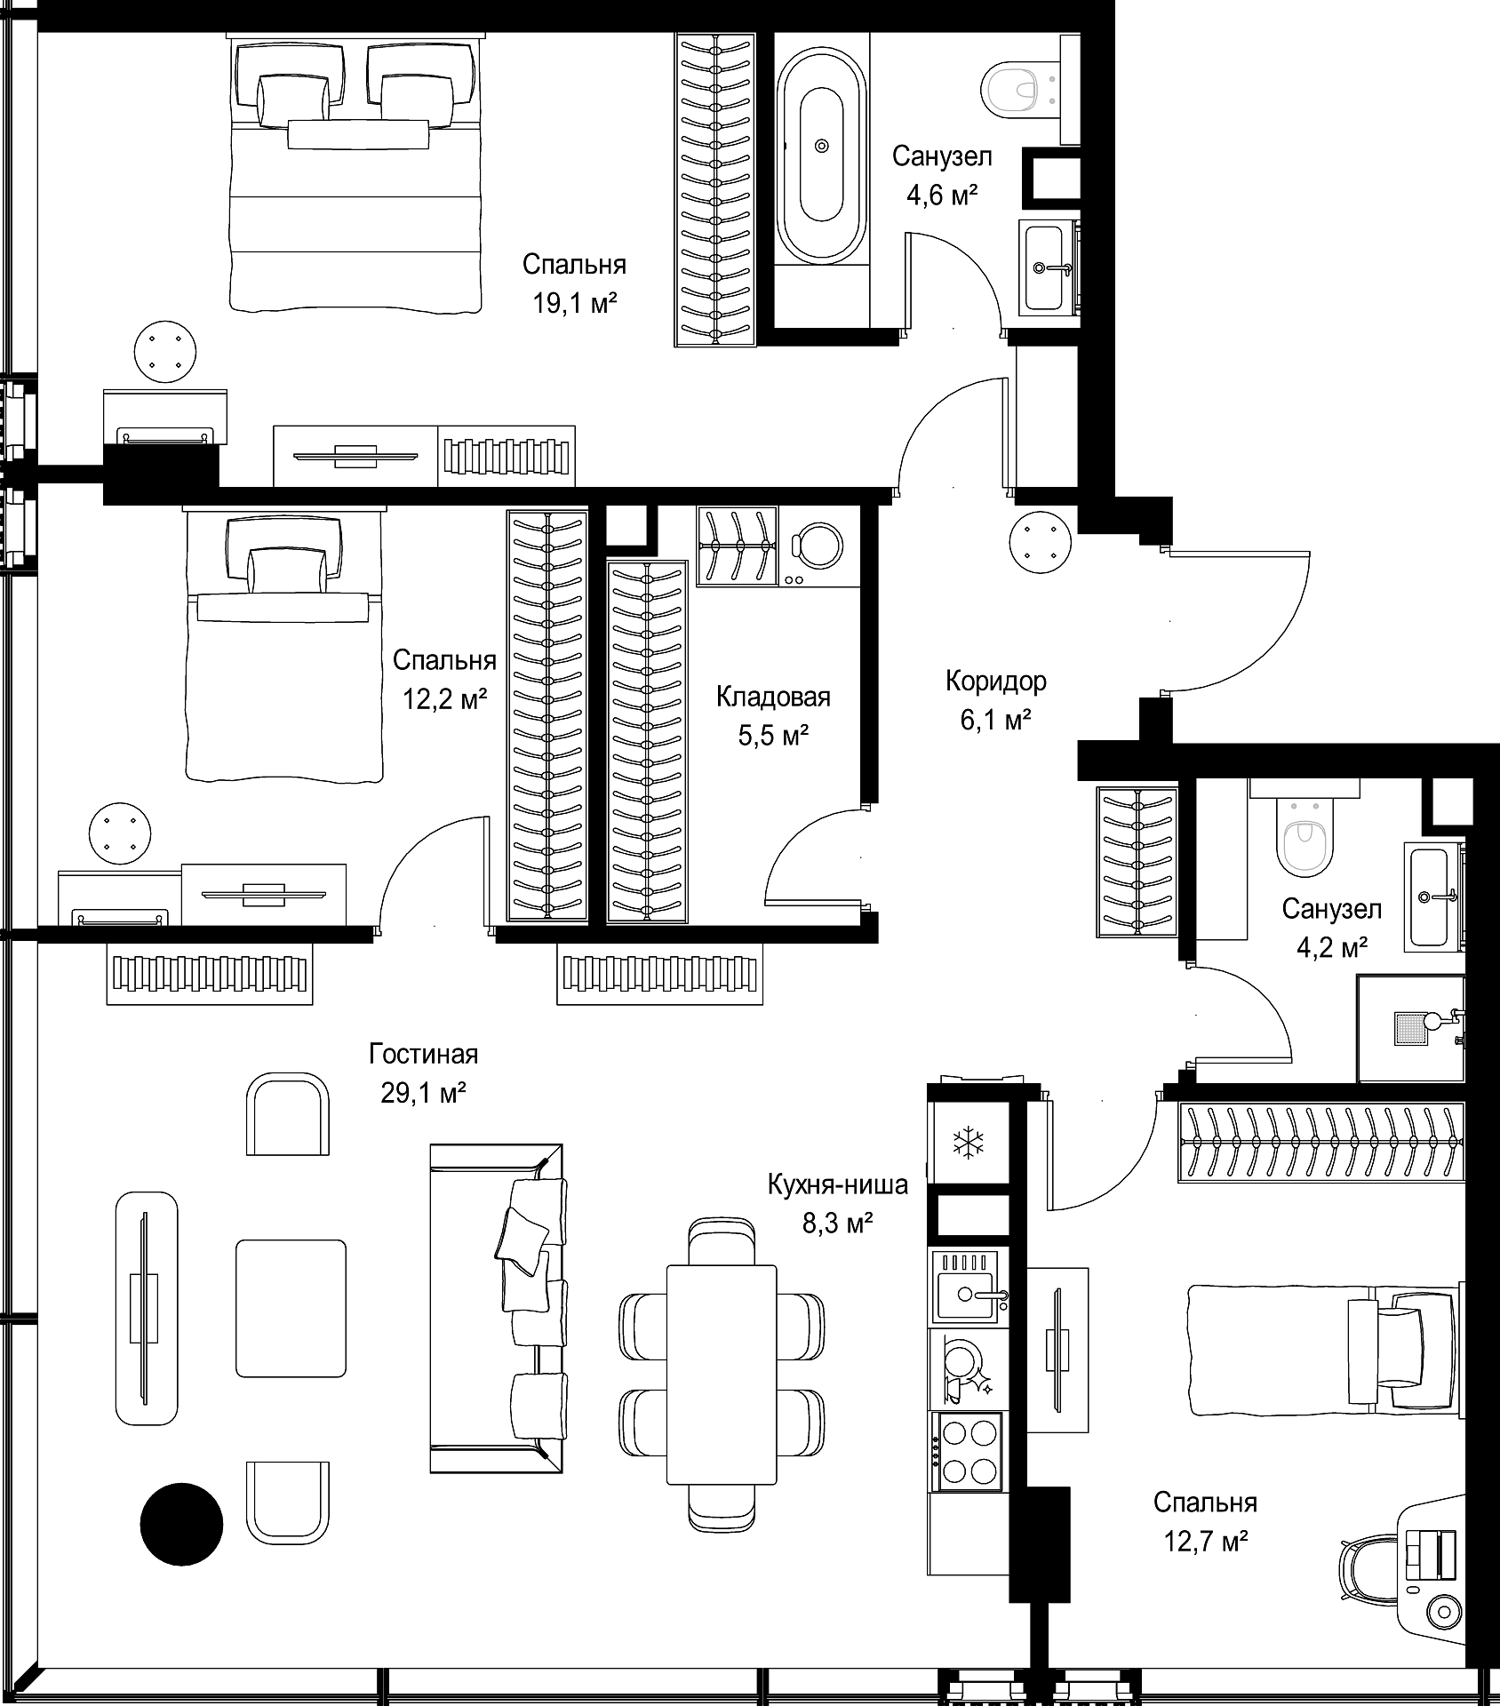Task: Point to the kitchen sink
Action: coord(969,1286)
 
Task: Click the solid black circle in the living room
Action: coord(181,1524)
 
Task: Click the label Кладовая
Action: coord(773,698)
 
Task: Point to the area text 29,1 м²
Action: coord(424,1093)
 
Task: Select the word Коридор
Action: coord(995,682)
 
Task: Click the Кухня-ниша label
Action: coord(838,1184)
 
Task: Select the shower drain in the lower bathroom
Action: coord(1411,1027)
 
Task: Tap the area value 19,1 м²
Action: coord(574,304)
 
